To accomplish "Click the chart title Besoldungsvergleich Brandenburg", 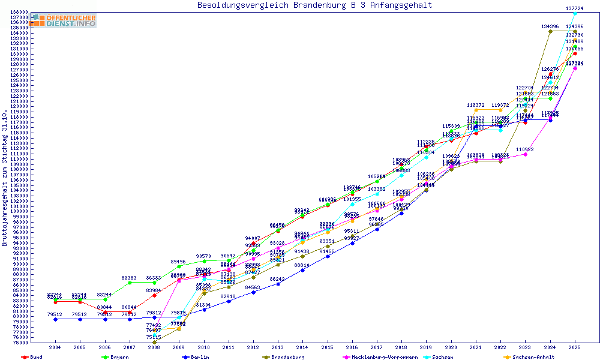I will [x=314, y=5].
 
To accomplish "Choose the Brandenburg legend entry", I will [x=289, y=357].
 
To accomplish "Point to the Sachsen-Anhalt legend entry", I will [x=533, y=357].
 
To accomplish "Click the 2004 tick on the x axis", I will [x=55, y=347].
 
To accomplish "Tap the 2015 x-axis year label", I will [x=327, y=347].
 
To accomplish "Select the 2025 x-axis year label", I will [x=575, y=347].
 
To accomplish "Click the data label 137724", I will [x=575, y=8].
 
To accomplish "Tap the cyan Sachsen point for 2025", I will [x=575, y=13].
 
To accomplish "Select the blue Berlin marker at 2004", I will [x=56, y=319].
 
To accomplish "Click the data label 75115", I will [x=155, y=337].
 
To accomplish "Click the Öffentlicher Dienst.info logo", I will [x=64, y=21].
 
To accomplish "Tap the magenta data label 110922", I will [x=524, y=149].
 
